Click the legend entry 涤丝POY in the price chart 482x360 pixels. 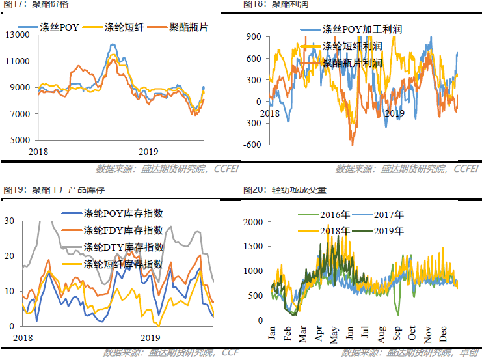[x=59, y=29]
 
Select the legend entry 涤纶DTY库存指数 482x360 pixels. [x=123, y=247]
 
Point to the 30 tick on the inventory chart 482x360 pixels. [x=10, y=221]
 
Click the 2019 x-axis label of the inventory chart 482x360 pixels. [x=150, y=338]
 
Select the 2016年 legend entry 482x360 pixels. [x=335, y=214]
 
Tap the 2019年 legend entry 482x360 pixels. [x=388, y=230]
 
